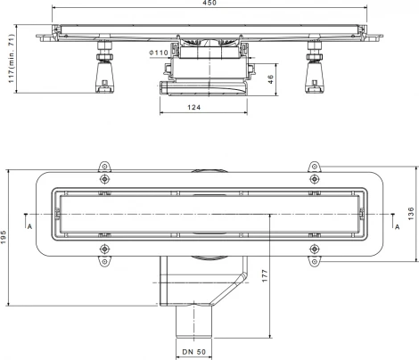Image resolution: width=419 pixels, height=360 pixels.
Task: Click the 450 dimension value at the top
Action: coord(209,3)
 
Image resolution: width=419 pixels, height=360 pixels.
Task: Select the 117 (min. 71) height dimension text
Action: coord(11,59)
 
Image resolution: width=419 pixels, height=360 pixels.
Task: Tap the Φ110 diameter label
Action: coord(159,53)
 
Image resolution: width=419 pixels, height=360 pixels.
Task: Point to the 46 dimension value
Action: coord(270,79)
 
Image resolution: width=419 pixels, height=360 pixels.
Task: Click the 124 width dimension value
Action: coord(194,107)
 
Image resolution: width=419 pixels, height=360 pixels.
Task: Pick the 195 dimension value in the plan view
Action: coord(4,237)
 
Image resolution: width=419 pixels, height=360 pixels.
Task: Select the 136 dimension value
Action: coord(411,214)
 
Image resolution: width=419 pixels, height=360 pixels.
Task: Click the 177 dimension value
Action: coord(265,276)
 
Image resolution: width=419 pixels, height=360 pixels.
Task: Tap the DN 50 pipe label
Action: coord(194,352)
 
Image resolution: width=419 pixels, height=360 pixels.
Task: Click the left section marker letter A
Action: coord(29,227)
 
